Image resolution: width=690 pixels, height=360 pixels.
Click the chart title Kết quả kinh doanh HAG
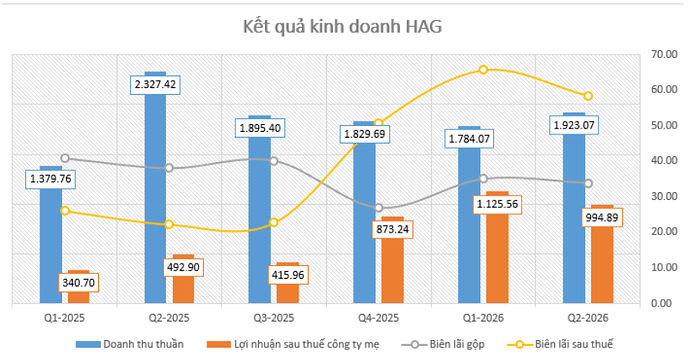(342, 27)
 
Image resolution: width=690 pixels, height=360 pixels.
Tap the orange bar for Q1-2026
(497, 247)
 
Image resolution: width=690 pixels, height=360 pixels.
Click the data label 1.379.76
(51, 179)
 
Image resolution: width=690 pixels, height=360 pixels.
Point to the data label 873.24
(393, 229)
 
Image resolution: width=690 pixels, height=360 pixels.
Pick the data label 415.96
(288, 275)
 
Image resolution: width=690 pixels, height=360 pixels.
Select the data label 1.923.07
(574, 125)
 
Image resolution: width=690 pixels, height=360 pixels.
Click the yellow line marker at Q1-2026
(483, 70)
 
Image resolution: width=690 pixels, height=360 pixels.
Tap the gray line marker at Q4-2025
(378, 208)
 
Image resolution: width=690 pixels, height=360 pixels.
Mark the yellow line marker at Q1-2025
(65, 211)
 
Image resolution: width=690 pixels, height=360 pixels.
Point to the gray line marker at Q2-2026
(588, 184)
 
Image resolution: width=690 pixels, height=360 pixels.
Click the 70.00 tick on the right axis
(664, 54)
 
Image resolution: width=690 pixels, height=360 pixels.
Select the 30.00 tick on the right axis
(664, 196)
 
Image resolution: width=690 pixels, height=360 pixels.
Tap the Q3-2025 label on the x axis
(274, 318)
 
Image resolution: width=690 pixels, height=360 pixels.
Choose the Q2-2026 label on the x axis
(588, 318)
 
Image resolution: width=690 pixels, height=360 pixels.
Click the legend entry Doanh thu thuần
(130, 345)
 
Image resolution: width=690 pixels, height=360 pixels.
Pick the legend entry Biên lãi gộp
(443, 345)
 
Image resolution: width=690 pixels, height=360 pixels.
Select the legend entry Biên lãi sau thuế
(560, 345)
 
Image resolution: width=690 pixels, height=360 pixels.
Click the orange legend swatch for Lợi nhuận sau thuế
(219, 345)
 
